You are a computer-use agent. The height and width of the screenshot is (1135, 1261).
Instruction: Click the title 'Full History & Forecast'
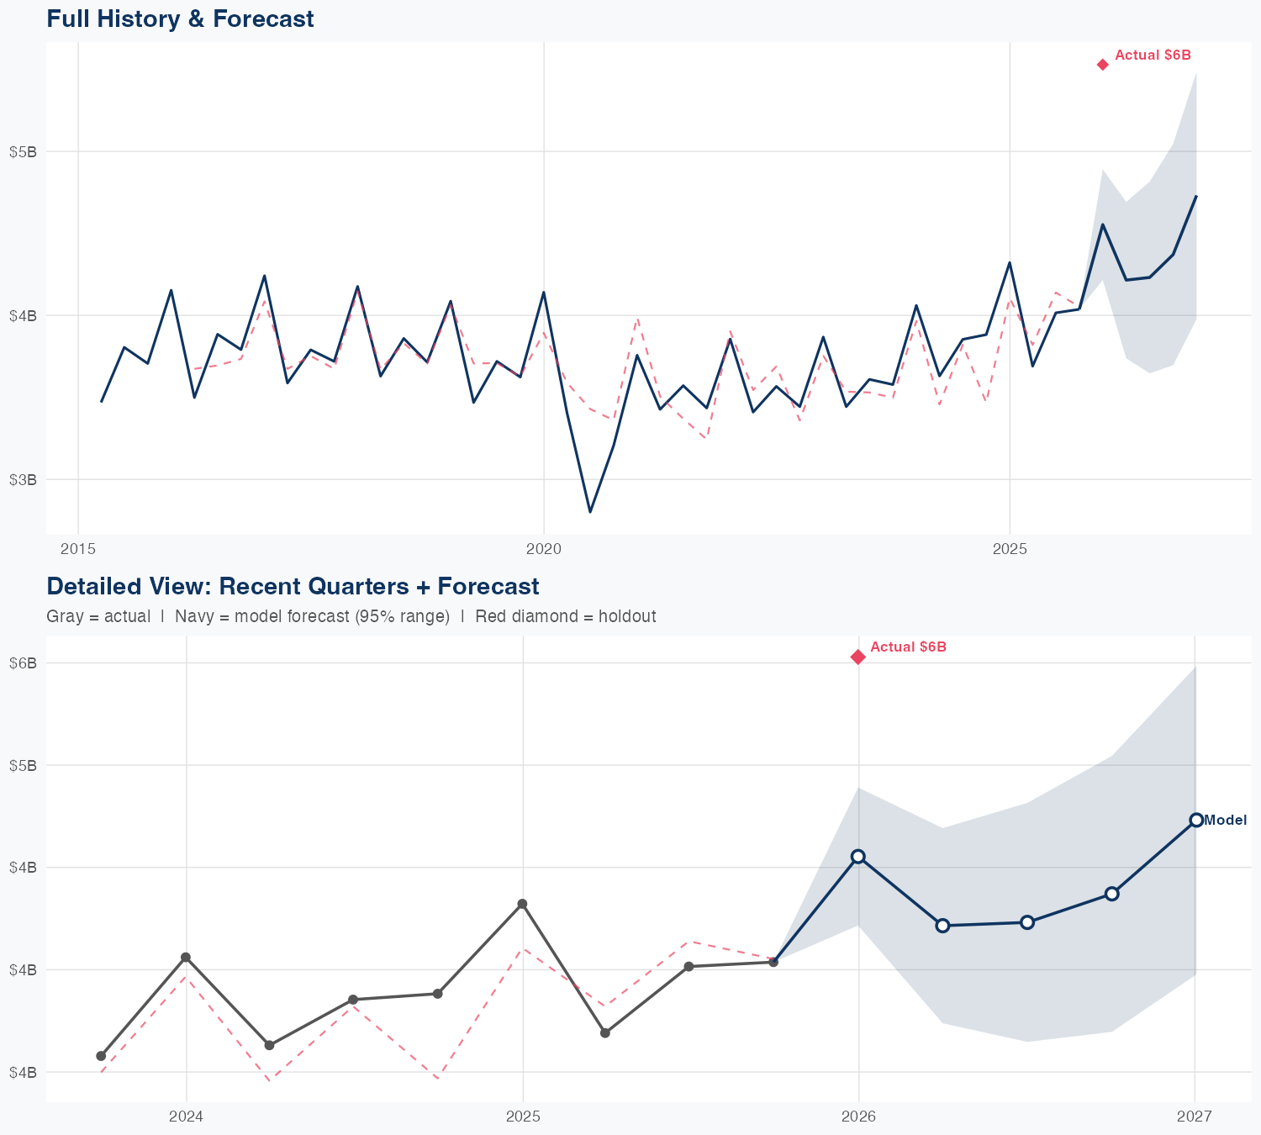pyautogui.click(x=180, y=18)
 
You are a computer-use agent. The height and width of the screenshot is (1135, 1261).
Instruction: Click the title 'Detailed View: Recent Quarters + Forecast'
pyautogui.click(x=293, y=586)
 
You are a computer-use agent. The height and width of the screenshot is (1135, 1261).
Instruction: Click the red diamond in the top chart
pyautogui.click(x=1103, y=65)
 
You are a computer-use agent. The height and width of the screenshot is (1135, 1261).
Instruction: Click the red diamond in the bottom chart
pyautogui.click(x=857, y=657)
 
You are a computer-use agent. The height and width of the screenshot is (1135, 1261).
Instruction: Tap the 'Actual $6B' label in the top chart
pyautogui.click(x=1153, y=55)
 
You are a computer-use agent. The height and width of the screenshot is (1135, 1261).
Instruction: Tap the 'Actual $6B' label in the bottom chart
pyautogui.click(x=908, y=647)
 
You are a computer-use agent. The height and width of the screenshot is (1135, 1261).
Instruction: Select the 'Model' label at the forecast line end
pyautogui.click(x=1226, y=821)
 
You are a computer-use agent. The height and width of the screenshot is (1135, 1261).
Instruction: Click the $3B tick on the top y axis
pyautogui.click(x=23, y=479)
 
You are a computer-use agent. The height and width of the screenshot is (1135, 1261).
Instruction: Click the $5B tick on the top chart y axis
pyautogui.click(x=23, y=152)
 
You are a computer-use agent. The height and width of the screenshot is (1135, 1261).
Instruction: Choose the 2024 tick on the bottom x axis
pyautogui.click(x=186, y=1117)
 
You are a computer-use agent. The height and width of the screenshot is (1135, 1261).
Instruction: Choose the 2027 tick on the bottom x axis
pyautogui.click(x=1195, y=1117)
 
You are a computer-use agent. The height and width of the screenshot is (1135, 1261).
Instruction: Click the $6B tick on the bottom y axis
pyautogui.click(x=23, y=663)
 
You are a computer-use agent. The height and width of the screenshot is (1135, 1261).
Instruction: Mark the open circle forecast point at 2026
pyautogui.click(x=858, y=856)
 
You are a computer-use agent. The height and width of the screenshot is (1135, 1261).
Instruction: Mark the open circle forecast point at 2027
pyautogui.click(x=1196, y=820)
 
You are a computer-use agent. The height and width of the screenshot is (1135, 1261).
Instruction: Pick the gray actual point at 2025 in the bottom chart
pyautogui.click(x=522, y=904)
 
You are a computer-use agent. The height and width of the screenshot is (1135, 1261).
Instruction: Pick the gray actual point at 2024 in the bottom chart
pyautogui.click(x=186, y=958)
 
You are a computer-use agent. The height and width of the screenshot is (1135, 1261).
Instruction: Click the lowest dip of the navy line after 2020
pyautogui.click(x=590, y=511)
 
